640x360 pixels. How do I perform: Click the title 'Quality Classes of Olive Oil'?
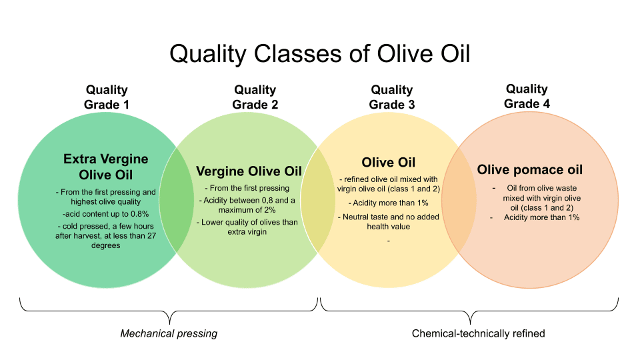(320, 54)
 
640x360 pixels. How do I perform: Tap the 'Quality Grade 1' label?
(107, 97)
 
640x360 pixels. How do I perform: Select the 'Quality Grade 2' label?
(255, 97)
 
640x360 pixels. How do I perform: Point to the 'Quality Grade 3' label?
(392, 97)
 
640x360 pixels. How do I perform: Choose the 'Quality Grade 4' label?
(527, 96)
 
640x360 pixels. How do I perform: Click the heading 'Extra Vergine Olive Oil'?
(106, 167)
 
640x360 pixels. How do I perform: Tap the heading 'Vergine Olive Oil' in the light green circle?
(249, 171)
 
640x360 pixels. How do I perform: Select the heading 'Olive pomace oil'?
(530, 169)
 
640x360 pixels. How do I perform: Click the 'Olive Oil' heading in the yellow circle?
(389, 162)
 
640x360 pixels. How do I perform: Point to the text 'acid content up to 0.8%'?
(106, 213)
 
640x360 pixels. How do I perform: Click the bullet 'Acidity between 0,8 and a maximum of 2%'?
(247, 205)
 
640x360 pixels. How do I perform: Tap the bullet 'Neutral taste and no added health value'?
(389, 221)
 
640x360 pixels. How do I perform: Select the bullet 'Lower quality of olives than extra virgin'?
(247, 227)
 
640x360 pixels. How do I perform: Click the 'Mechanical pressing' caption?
(169, 333)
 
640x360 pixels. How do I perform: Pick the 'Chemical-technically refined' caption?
(479, 333)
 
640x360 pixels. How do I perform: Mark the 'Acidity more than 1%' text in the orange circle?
(541, 217)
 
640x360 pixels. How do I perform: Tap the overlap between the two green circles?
(176, 200)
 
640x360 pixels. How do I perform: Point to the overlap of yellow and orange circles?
(459, 200)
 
